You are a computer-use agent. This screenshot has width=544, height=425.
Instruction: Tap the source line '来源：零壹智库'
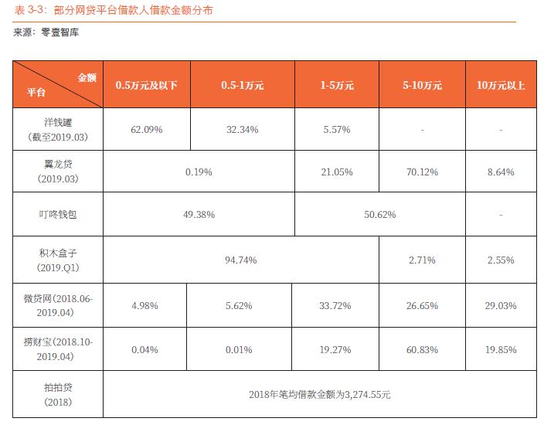(x=46, y=33)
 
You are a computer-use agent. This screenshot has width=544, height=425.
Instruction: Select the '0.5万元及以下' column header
(x=147, y=86)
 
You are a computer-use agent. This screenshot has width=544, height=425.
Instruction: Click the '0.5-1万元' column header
(x=242, y=86)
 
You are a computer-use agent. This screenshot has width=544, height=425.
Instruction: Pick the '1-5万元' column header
(x=337, y=86)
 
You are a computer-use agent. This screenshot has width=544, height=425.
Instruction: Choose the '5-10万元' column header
(x=422, y=86)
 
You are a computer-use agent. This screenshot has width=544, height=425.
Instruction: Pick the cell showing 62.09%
(x=147, y=130)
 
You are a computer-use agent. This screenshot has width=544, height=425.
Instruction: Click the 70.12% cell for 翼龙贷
(x=422, y=172)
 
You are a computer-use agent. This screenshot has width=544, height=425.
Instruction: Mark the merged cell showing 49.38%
(x=199, y=214)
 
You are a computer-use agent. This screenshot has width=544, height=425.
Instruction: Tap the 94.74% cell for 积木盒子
(x=241, y=260)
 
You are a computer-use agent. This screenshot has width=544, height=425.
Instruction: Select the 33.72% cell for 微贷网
(x=336, y=305)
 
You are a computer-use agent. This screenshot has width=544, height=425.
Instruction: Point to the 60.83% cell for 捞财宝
(x=422, y=349)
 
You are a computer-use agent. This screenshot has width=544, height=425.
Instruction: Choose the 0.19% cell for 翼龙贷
(x=199, y=172)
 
